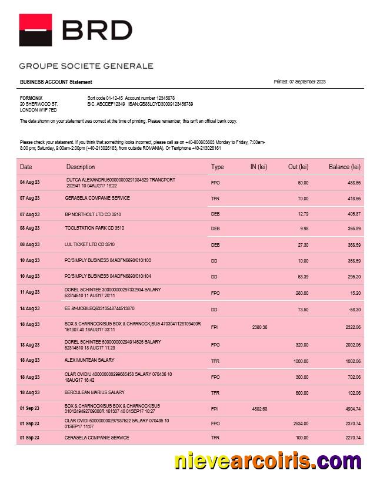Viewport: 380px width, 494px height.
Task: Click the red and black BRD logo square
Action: (35, 30)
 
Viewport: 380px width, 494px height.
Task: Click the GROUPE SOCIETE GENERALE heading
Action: (86, 66)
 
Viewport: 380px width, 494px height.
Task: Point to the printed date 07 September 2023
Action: (299, 82)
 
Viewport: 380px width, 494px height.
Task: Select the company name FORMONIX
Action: (31, 98)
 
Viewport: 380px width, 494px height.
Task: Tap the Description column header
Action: (81, 167)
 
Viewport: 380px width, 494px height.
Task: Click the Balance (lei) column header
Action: (344, 167)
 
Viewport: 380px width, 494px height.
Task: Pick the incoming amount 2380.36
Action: (259, 327)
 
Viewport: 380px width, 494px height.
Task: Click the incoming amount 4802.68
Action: (259, 409)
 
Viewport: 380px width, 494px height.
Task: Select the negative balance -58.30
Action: (354, 309)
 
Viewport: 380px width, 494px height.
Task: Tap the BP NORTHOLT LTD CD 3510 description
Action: (92, 214)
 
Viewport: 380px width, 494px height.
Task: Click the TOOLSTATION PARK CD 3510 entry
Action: (94, 228)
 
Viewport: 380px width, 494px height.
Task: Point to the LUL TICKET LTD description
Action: (89, 244)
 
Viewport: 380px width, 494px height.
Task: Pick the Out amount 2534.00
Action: (301, 424)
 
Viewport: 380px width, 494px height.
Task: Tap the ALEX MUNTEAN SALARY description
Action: (89, 360)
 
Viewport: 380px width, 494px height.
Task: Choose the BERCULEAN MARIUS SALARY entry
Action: (94, 392)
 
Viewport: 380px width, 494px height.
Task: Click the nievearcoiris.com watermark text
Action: (268, 462)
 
